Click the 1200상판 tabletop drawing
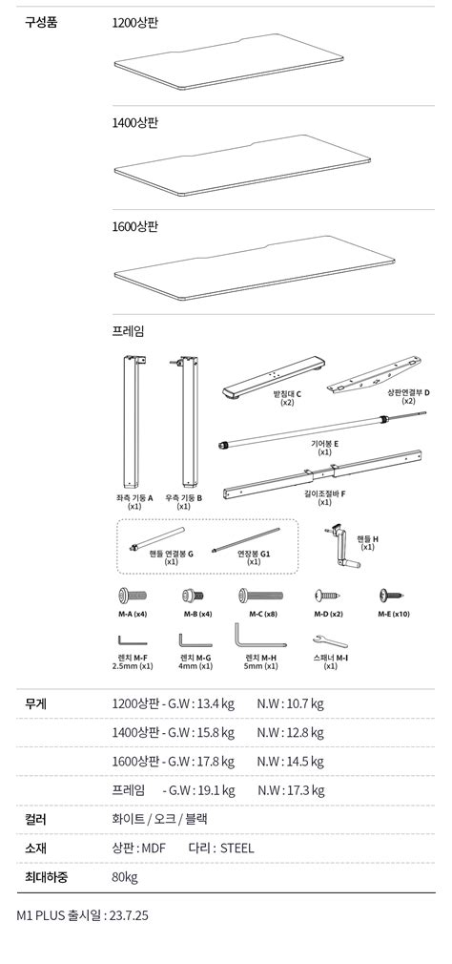(229, 61)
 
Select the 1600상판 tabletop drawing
(255, 268)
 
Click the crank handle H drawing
(341, 543)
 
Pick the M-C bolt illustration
(261, 596)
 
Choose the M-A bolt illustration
(132, 596)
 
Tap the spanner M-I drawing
(330, 640)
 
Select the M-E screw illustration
(393, 595)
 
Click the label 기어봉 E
(325, 443)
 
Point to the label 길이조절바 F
(325, 493)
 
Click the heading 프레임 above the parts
(128, 331)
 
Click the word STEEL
(237, 849)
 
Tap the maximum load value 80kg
(125, 877)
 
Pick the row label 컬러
(35, 820)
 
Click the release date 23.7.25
(129, 915)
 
